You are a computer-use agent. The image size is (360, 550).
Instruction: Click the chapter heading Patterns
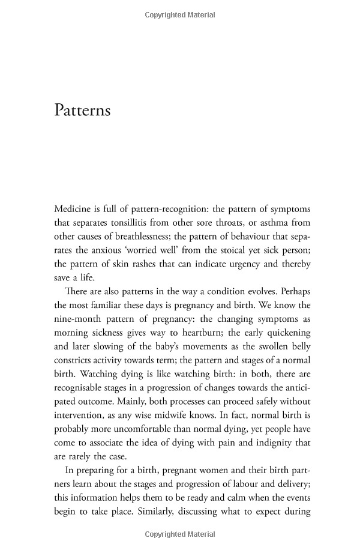(82, 111)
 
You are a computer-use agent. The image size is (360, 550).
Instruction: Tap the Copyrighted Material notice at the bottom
(179, 534)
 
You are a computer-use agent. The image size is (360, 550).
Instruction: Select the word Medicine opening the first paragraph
(73, 208)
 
